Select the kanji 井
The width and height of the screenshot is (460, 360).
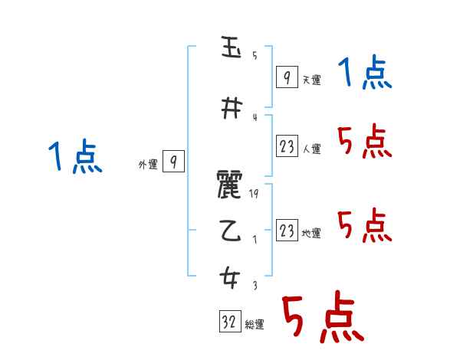tap(230, 110)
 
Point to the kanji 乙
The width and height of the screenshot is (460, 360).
tap(230, 233)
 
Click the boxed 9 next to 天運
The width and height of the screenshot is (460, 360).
tap(286, 77)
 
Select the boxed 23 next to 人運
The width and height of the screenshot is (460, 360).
tap(287, 146)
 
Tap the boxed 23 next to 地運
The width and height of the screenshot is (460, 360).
tap(287, 231)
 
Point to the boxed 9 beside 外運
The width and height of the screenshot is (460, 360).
tap(174, 162)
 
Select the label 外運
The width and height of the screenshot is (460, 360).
tap(147, 165)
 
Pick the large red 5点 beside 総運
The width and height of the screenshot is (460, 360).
tap(322, 318)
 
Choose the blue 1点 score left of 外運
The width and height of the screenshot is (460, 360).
tap(75, 158)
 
